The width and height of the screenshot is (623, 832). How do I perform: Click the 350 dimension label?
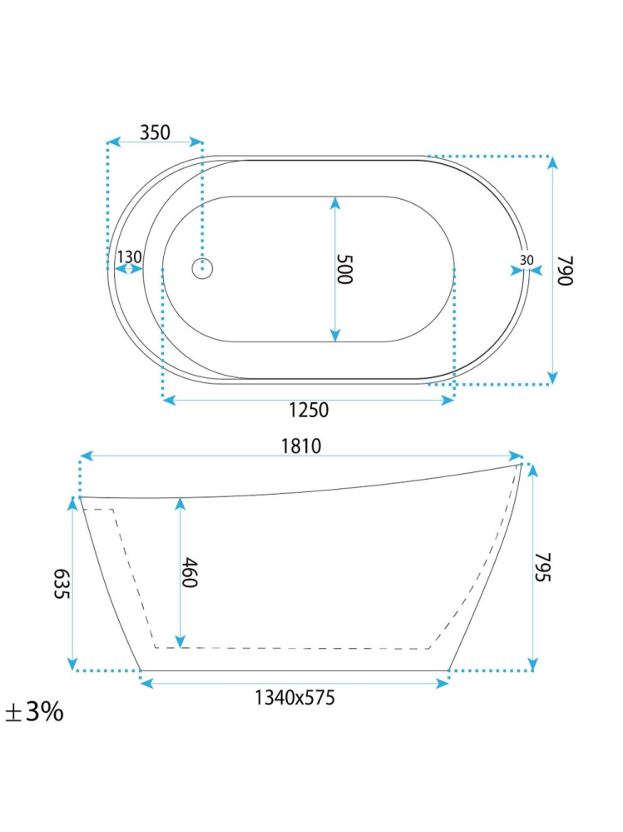point(155,132)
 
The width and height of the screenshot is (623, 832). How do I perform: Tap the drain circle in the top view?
point(202,268)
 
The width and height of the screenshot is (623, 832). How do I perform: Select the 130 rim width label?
point(129,257)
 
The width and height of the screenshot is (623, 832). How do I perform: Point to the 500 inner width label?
point(345,269)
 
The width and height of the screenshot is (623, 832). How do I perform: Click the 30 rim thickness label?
point(527,260)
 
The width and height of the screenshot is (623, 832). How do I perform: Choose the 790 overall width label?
point(566,271)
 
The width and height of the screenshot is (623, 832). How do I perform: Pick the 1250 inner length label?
point(309,410)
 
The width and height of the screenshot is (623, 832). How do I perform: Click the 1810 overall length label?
point(301,446)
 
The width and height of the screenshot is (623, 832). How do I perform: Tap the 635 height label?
point(62,584)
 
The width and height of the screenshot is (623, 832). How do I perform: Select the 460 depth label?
point(189,572)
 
